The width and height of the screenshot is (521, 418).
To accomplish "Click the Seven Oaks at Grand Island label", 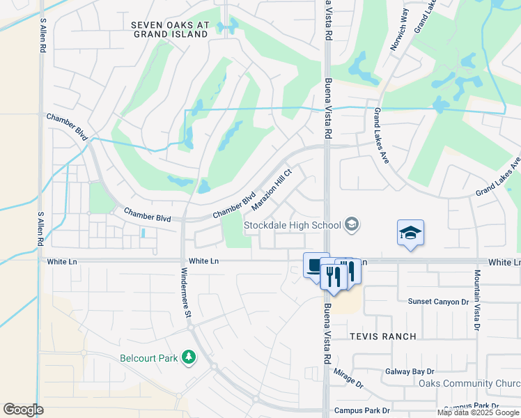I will (170, 29).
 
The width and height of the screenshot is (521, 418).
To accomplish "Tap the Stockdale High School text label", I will (292, 225).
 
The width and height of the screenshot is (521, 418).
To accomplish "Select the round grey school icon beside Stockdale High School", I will (352, 224).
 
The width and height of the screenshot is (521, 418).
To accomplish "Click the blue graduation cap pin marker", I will (411, 233).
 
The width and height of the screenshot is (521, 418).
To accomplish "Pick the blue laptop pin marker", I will (316, 265).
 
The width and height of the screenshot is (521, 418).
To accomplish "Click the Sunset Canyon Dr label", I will (438, 302).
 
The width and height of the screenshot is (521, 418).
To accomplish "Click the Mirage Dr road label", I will (348, 379).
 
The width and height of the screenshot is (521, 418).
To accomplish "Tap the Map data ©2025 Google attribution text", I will (477, 412).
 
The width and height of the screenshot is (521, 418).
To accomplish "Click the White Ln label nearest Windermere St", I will (203, 261).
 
